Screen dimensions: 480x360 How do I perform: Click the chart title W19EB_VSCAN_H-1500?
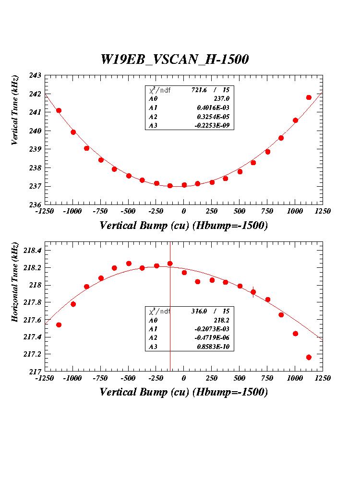[x=174, y=59]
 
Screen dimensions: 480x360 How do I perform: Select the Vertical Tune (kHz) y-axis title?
[x=15, y=110]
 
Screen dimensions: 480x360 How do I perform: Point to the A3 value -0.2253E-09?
[x=216, y=126]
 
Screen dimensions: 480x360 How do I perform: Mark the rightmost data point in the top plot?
[x=309, y=97]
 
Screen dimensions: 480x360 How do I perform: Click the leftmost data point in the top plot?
[x=59, y=110]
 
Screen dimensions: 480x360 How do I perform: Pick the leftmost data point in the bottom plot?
[x=59, y=325]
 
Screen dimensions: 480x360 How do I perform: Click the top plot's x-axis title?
[x=183, y=226]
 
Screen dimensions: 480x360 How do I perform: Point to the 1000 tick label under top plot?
[x=295, y=212]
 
